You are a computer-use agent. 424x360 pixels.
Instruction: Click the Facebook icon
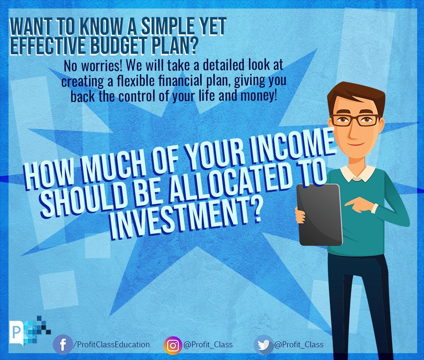pyautogui.click(x=63, y=345)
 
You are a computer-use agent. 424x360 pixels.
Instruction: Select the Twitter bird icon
pyautogui.click(x=264, y=345)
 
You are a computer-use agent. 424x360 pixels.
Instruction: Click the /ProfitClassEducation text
pyautogui.click(x=112, y=345)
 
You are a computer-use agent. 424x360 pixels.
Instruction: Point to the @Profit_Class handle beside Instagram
pyautogui.click(x=208, y=345)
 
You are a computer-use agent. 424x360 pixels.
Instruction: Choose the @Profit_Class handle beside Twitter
pyautogui.click(x=299, y=345)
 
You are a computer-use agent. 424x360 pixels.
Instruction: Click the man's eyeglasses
pyautogui.click(x=356, y=119)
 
